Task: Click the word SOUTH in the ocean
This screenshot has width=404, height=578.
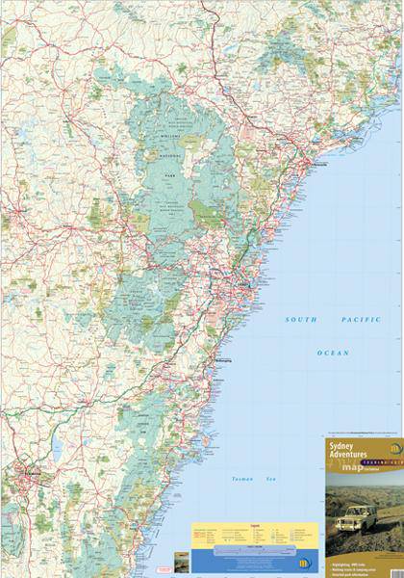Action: tap(301, 319)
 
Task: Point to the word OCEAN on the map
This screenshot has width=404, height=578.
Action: tap(333, 353)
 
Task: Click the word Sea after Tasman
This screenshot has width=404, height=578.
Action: tap(270, 479)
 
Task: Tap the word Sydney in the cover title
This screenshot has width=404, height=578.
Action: tap(342, 447)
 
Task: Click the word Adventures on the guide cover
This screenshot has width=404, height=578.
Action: tap(350, 457)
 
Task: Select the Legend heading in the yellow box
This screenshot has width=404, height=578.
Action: tap(253, 526)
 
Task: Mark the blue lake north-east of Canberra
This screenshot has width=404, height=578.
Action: tap(58, 446)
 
